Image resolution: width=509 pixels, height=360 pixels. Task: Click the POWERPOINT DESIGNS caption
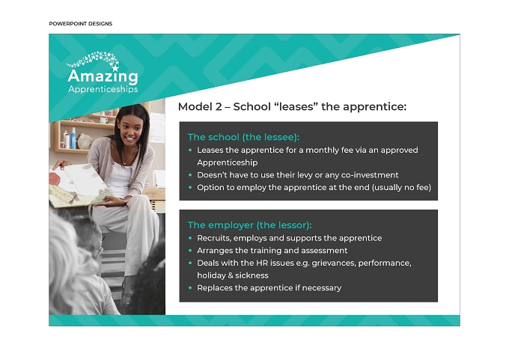click(81, 24)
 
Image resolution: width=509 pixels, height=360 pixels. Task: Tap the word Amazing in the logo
click(103, 76)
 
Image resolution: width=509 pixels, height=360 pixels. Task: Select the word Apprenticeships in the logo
click(103, 89)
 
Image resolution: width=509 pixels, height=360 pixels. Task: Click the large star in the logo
click(115, 68)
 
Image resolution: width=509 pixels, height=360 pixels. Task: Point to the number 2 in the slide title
click(218, 106)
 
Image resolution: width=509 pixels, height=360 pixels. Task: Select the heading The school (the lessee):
click(243, 137)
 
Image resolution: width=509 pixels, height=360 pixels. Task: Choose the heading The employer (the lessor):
click(249, 225)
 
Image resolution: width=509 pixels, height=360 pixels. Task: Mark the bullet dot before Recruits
click(190, 238)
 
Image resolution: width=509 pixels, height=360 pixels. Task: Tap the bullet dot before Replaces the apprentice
click(190, 287)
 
